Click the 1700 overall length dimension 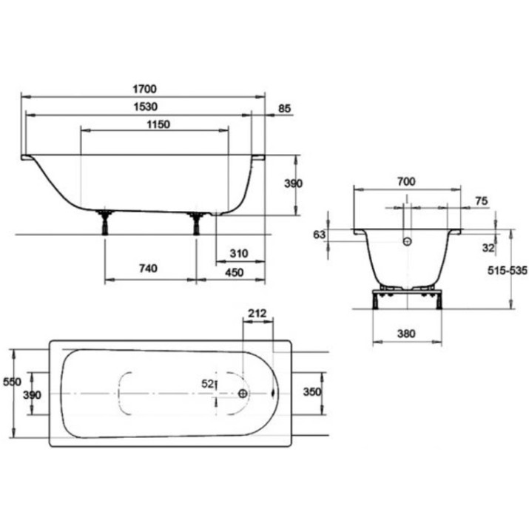pos(145,89)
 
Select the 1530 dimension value pos(146,107)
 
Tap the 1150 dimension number pos(158,124)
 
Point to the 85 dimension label pos(284,109)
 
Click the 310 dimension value pos(239,253)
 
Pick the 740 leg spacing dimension pos(148,269)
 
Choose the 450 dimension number pos(234,272)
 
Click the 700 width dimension pos(406,182)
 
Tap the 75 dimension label pos(482,201)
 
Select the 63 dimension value pos(319,235)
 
